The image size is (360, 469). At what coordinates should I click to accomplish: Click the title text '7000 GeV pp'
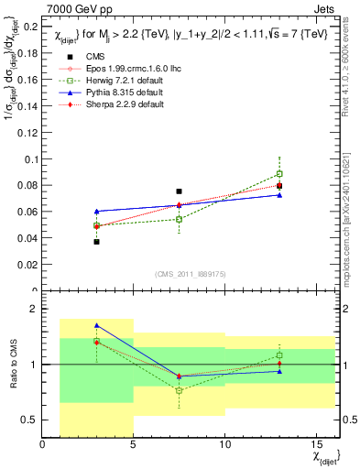pyautogui.click(x=71, y=9)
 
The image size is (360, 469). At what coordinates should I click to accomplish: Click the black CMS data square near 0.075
pyautogui.click(x=179, y=191)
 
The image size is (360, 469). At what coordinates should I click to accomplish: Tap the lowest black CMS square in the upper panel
pyautogui.click(x=96, y=242)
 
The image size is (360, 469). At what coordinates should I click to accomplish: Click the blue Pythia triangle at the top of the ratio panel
pyautogui.click(x=96, y=325)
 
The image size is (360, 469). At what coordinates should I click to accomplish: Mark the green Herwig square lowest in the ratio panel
pyautogui.click(x=179, y=390)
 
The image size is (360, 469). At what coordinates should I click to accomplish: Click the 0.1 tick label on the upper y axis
pyautogui.click(x=30, y=158)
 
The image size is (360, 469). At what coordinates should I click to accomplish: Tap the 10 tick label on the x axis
pyautogui.click(x=225, y=445)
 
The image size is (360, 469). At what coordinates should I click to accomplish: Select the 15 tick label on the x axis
pyautogui.click(x=316, y=445)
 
